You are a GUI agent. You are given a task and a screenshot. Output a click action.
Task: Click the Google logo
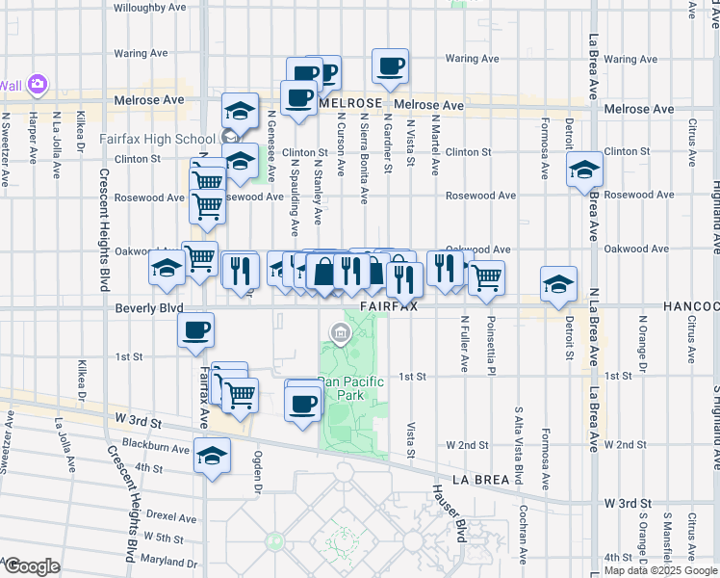pos(31,566)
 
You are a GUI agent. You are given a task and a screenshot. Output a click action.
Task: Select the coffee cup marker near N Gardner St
pos(390,67)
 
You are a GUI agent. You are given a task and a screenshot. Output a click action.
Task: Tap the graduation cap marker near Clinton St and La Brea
pos(583,171)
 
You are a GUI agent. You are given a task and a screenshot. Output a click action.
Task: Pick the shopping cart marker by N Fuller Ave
pos(487,277)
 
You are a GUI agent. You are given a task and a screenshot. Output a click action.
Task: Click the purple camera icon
pos(39,86)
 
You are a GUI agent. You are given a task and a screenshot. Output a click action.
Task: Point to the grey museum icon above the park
pos(339,333)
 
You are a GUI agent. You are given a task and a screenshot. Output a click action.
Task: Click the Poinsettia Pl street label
pos(490,344)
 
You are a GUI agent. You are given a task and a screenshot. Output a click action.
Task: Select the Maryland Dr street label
pos(168,563)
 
